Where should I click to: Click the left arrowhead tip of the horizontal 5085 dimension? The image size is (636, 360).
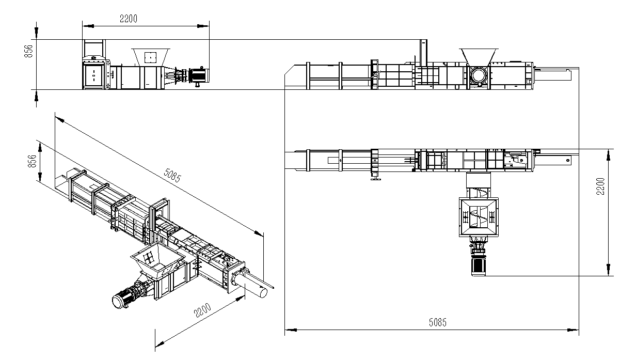pos(285,330)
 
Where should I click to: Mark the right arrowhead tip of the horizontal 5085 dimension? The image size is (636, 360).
pos(579,330)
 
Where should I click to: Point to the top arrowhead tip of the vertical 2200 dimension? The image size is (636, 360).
pos(609,149)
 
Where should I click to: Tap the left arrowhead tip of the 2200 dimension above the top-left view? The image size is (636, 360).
pos(83,26)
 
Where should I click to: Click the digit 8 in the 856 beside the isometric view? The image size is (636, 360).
pos(33,165)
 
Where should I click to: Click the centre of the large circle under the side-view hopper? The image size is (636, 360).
pos(479,75)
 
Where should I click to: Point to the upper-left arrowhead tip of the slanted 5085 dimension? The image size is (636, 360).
pos(55,117)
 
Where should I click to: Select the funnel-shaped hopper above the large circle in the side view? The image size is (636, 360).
pos(479,57)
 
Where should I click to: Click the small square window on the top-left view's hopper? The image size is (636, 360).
pos(151,57)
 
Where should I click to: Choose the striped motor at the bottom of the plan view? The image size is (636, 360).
pos(479,265)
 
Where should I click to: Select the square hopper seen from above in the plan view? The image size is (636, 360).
pos(479,217)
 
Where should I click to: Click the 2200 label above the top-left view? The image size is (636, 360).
pos(129,19)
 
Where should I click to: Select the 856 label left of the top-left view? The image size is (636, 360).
pos(29,51)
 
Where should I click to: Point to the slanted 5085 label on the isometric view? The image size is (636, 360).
pos(172,175)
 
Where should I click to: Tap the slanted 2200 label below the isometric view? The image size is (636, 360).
pos(202,310)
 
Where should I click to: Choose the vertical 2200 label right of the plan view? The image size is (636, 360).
pos(600,186)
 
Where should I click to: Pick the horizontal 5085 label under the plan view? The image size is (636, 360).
pos(438,322)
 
